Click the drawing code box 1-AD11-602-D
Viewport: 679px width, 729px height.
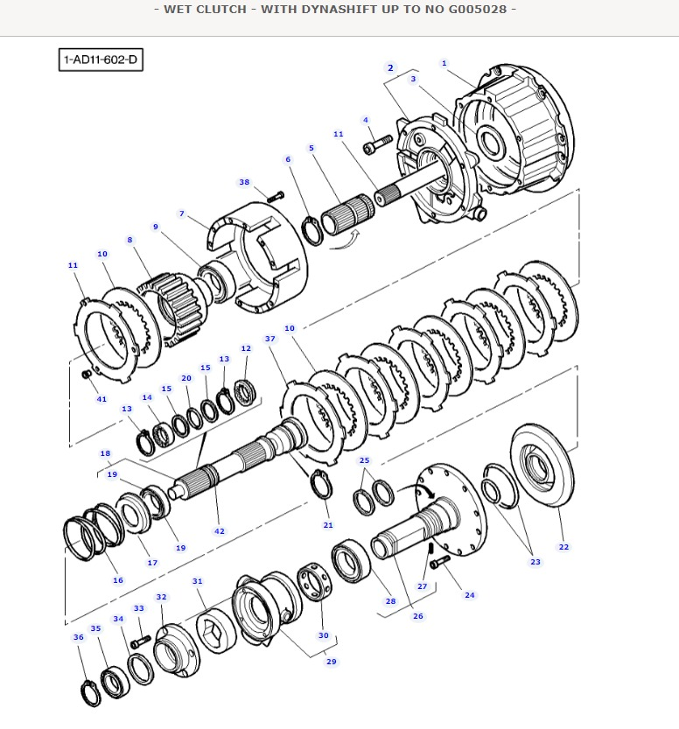[x=101, y=60]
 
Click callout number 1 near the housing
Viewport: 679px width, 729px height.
[x=444, y=63]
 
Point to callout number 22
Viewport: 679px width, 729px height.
[x=563, y=547]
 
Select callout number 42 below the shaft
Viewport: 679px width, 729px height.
[x=219, y=530]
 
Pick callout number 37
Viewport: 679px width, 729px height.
[x=269, y=339]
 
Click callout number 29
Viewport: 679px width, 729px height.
[x=331, y=662]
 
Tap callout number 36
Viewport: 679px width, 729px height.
[x=79, y=637]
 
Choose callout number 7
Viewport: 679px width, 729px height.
[x=181, y=214]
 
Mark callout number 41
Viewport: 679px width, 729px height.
[x=101, y=399]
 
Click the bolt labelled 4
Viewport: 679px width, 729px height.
[x=380, y=138]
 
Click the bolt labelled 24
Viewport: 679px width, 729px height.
[x=441, y=559]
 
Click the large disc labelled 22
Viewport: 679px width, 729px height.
[x=540, y=467]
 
